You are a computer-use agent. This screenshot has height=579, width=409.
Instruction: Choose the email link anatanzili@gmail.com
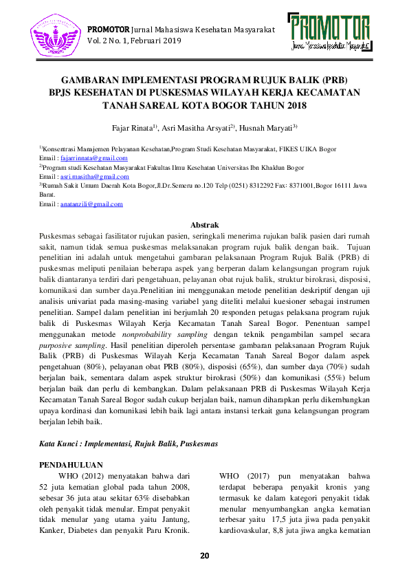[x=91, y=204]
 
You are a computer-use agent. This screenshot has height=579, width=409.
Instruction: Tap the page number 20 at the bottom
[x=204, y=556]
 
